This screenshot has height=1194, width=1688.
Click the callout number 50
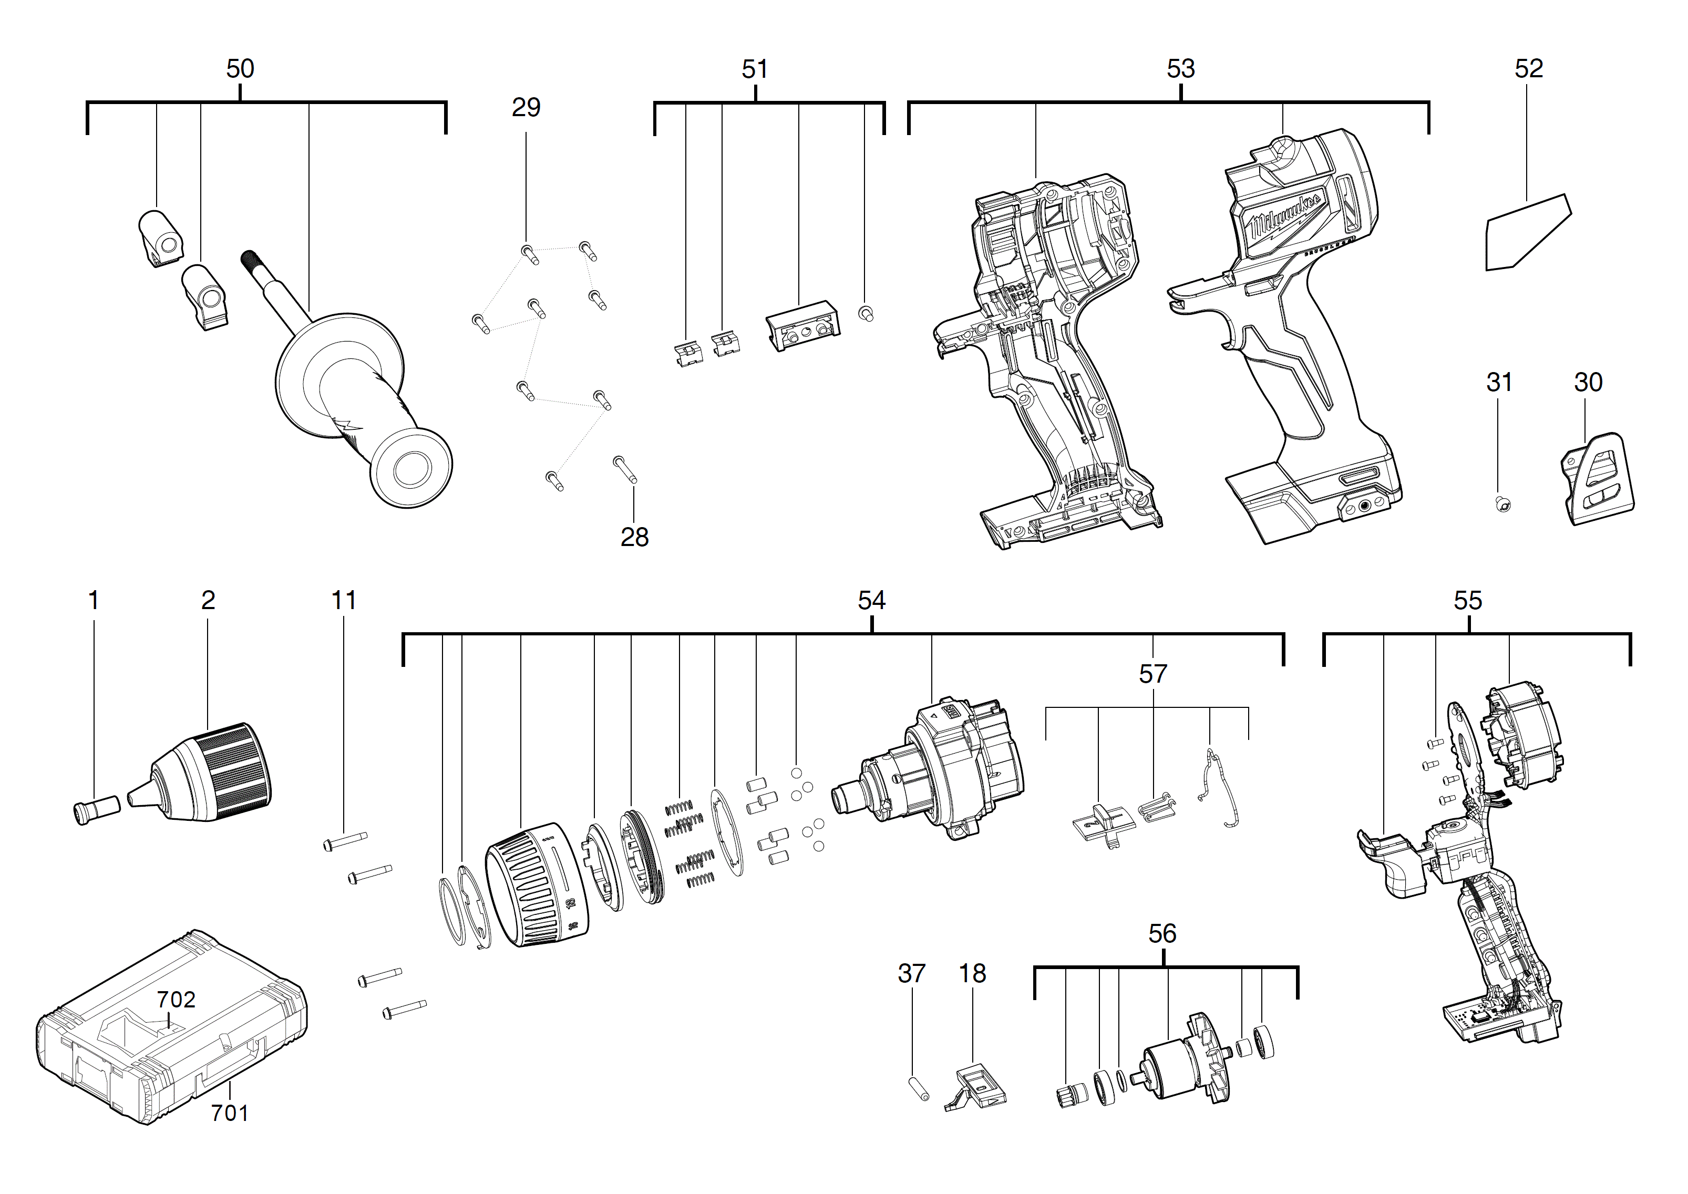[x=240, y=68]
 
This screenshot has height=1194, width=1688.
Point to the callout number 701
[x=229, y=1113]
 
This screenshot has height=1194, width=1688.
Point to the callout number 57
[x=1152, y=673]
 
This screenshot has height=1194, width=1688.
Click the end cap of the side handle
[x=411, y=468]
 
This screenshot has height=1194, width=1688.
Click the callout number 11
[x=343, y=600]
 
